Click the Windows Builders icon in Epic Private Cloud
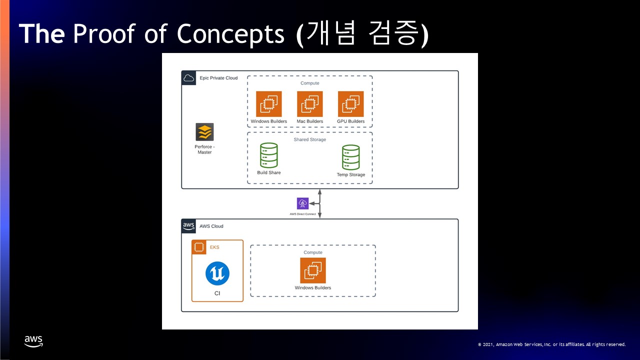click(269, 104)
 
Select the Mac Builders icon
click(310, 104)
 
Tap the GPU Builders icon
click(350, 104)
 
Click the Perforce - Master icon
click(204, 132)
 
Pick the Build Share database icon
click(268, 155)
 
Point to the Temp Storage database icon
click(350, 157)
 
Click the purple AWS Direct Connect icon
click(302, 203)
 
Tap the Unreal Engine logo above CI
click(217, 273)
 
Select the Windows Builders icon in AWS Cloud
click(313, 270)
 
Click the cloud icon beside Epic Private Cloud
click(188, 78)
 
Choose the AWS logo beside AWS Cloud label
click(188, 226)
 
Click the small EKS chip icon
click(199, 247)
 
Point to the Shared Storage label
click(310, 139)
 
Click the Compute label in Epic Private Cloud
click(310, 83)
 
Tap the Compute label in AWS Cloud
click(313, 252)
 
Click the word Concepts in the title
click(230, 34)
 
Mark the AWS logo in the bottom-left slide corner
click(33, 342)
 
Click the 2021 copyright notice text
click(551, 344)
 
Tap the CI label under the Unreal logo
click(217, 293)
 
